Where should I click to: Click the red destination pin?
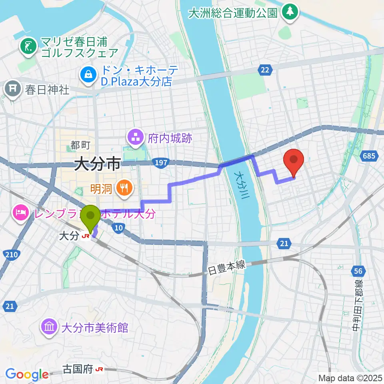click(x=294, y=160)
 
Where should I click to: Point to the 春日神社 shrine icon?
click(x=14, y=88)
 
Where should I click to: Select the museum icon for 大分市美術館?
click(x=49, y=328)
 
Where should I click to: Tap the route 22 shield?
click(x=264, y=70)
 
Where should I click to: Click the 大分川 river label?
click(x=241, y=184)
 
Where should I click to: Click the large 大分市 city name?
click(x=98, y=164)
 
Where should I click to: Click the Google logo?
click(x=27, y=374)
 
